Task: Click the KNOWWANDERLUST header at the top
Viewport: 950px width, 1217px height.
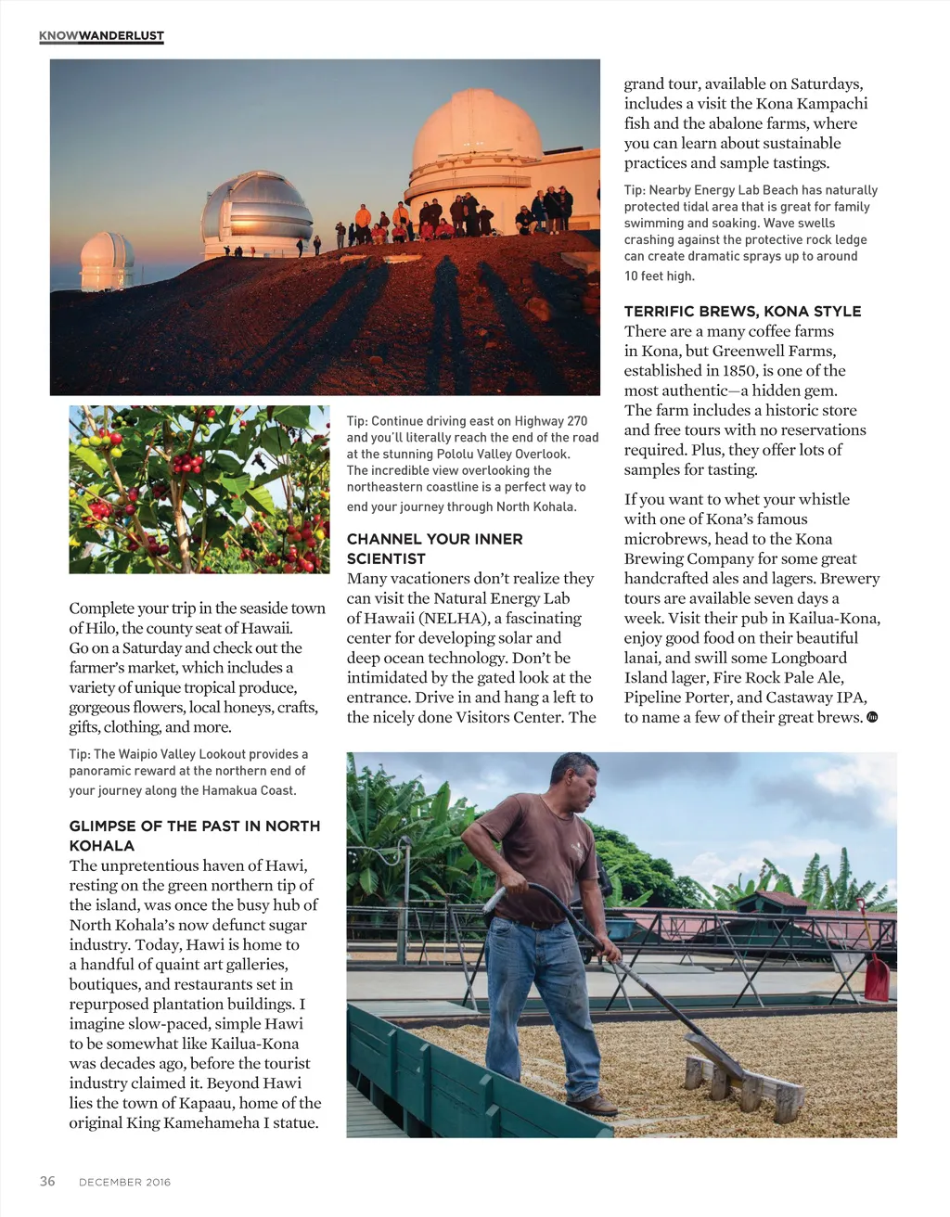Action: [x=101, y=36]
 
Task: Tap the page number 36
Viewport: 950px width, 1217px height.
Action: [x=47, y=1181]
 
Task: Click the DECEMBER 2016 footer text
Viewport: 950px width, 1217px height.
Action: [x=124, y=1182]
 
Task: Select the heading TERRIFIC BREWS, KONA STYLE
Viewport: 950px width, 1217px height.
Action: [x=742, y=311]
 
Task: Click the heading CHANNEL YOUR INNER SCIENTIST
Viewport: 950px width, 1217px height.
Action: [x=434, y=548]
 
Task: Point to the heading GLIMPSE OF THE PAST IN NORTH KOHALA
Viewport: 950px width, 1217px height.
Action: [x=194, y=835]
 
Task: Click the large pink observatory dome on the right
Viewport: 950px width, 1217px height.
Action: [x=477, y=135]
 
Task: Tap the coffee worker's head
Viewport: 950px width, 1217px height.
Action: [x=574, y=780]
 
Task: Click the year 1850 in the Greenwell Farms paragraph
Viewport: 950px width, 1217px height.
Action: [x=738, y=371]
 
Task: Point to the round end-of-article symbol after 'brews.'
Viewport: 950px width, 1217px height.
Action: [x=872, y=717]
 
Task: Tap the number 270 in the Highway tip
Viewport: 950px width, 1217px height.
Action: [x=575, y=421]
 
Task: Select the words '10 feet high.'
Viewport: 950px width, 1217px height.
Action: [x=659, y=275]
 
